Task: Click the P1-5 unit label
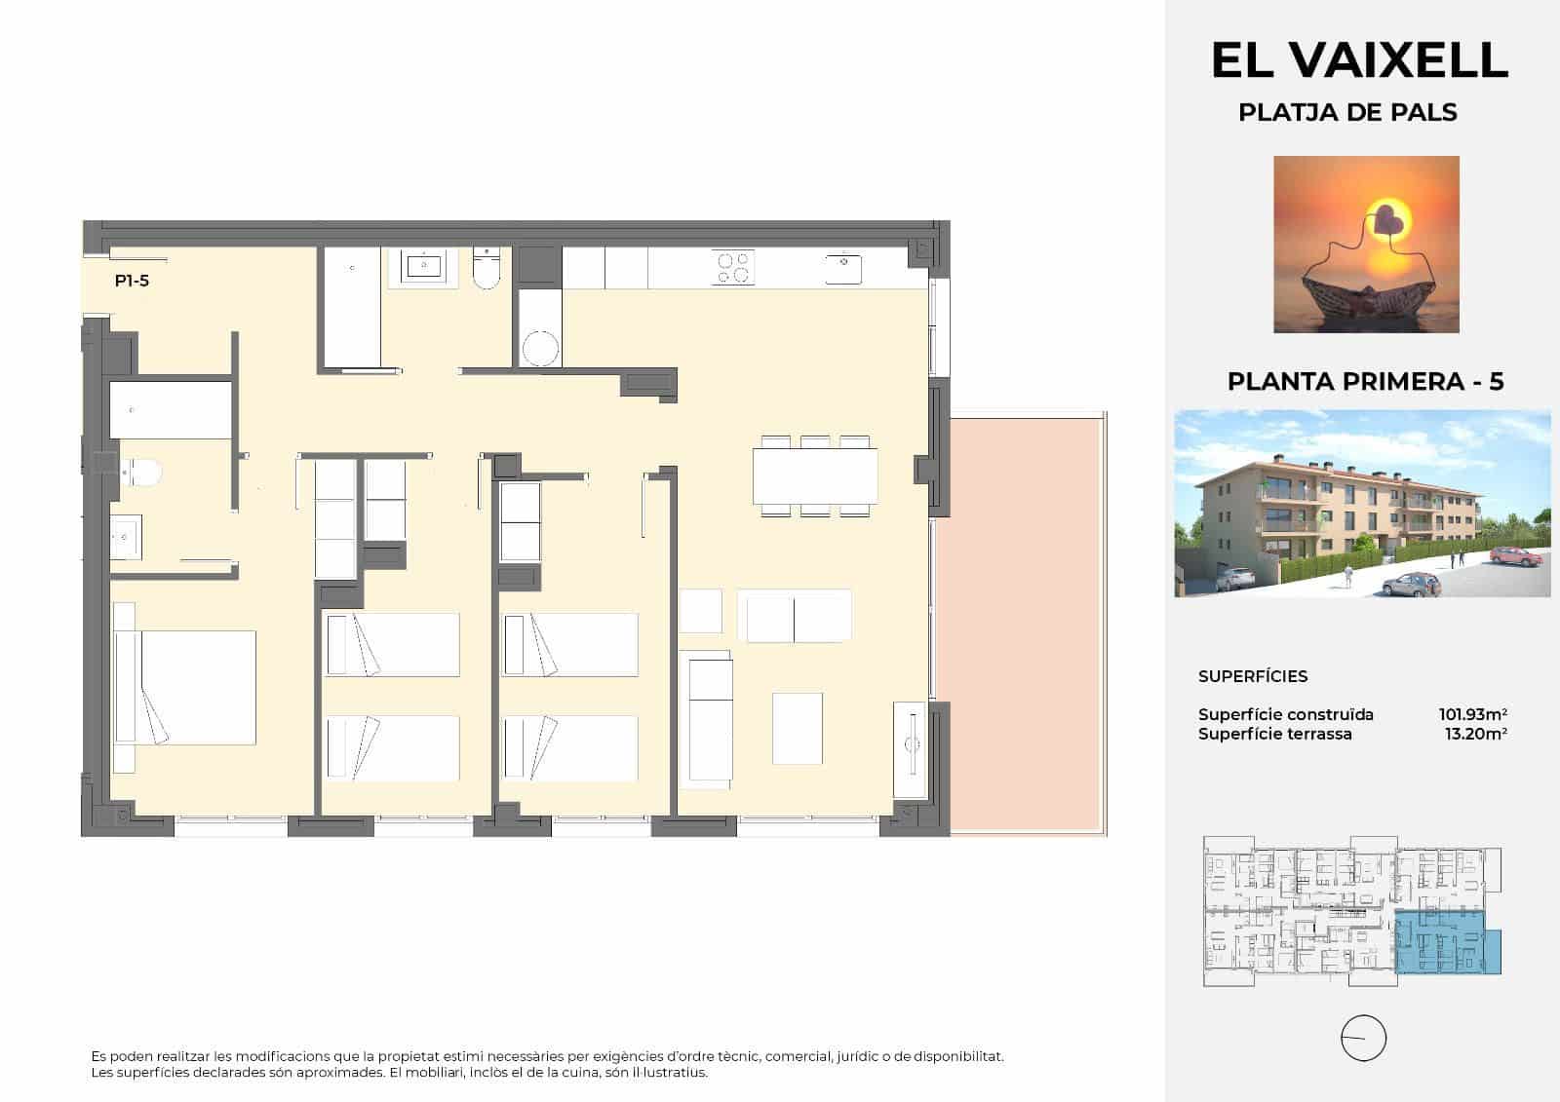pyautogui.click(x=132, y=282)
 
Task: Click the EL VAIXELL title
pyautogui.click(x=1359, y=60)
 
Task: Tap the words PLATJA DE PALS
pyautogui.click(x=1347, y=113)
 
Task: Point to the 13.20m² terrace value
pyautogui.click(x=1476, y=734)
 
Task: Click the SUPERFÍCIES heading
pyautogui.click(x=1253, y=676)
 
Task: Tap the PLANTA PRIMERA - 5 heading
pyautogui.click(x=1365, y=382)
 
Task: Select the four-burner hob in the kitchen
pyautogui.click(x=733, y=267)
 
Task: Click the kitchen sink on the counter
pyautogui.click(x=842, y=267)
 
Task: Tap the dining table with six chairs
pyautogui.click(x=815, y=475)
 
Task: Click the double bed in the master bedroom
pyautogui.click(x=185, y=687)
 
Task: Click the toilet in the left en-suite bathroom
pyautogui.click(x=141, y=474)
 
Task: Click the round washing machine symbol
pyautogui.click(x=540, y=348)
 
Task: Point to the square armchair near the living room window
pyautogui.click(x=797, y=728)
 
